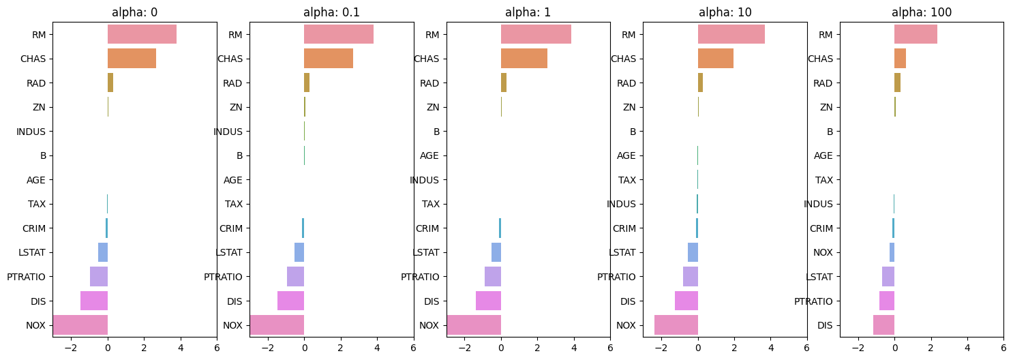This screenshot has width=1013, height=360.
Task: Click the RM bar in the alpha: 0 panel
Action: pyautogui.click(x=142, y=34)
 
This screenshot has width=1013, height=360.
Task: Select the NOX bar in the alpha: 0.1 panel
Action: pyautogui.click(x=277, y=325)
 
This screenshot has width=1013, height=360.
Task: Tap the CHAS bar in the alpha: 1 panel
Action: pyautogui.click(x=524, y=59)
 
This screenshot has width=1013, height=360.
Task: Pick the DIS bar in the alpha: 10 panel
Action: pyautogui.click(x=686, y=301)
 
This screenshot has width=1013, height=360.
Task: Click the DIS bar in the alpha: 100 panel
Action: pyautogui.click(x=883, y=325)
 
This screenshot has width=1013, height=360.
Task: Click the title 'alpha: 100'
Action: pyautogui.click(x=922, y=12)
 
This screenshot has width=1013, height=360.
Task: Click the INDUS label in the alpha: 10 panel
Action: pyautogui.click(x=621, y=204)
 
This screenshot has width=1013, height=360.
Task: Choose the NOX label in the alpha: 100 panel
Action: pyautogui.click(x=823, y=252)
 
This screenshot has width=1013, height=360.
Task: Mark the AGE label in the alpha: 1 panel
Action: pyautogui.click(x=429, y=155)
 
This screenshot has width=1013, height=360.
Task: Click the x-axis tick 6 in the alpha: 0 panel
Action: pyautogui.click(x=217, y=347)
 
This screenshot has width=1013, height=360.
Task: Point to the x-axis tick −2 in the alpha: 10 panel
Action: pyautogui.click(x=661, y=347)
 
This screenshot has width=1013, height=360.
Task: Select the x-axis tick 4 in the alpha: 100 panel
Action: pyautogui.click(x=967, y=347)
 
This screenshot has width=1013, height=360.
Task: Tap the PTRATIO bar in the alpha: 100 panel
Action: pyautogui.click(x=886, y=301)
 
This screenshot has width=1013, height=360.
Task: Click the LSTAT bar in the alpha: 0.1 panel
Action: pyautogui.click(x=299, y=252)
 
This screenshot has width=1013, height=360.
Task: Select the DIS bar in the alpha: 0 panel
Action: pyautogui.click(x=94, y=301)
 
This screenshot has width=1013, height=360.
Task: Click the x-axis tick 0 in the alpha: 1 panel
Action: pyautogui.click(x=501, y=347)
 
